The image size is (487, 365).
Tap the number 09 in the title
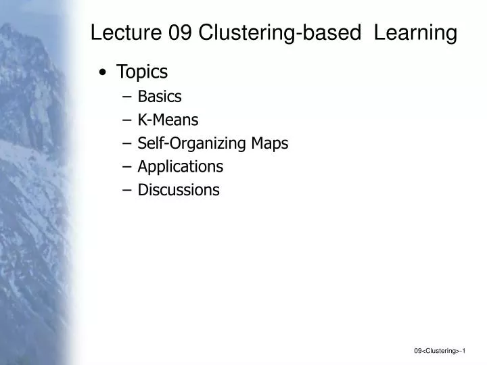[179, 32]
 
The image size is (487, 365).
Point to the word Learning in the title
[416, 32]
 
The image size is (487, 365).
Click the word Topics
[142, 72]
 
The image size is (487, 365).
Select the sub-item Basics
[160, 97]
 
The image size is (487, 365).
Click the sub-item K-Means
[168, 120]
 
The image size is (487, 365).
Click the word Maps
[271, 143]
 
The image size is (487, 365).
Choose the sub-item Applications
[181, 166]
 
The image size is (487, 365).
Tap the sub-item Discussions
[179, 190]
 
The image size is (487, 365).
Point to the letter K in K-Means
[142, 120]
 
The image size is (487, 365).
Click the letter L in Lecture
[96, 32]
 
